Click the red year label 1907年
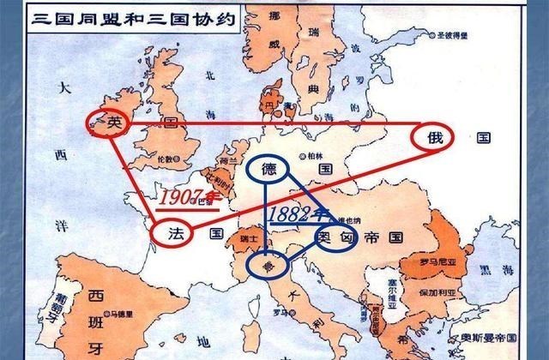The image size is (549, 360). coord(190,197)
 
